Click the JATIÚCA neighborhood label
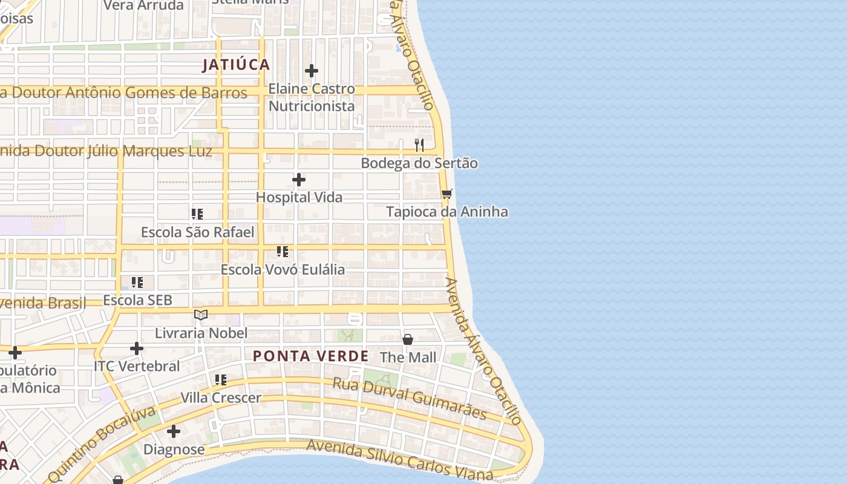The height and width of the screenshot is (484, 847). [x=236, y=65]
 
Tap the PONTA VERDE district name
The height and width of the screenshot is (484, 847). [x=310, y=356]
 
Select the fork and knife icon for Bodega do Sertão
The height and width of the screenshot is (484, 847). [x=419, y=145]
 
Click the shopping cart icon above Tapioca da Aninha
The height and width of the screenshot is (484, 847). [x=446, y=194]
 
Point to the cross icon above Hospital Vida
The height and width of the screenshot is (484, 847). [x=299, y=180]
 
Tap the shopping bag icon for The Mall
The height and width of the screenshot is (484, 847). [x=408, y=339]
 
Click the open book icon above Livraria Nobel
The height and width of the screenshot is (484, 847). [x=201, y=315]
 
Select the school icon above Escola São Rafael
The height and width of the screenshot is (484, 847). [x=197, y=214]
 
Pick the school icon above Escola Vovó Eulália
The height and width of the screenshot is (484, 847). [x=282, y=251]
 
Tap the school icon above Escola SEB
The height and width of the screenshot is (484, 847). [x=137, y=282]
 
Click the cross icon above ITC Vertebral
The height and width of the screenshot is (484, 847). [x=137, y=348]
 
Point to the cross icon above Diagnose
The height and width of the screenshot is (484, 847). [x=174, y=431]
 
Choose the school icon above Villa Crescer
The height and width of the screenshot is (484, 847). [x=221, y=380]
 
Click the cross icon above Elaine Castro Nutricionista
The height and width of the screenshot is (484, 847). [x=312, y=71]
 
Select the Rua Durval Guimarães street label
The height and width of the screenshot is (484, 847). [x=410, y=398]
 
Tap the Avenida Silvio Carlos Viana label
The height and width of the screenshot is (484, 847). [x=399, y=460]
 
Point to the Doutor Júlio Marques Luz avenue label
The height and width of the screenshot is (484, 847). [x=106, y=151]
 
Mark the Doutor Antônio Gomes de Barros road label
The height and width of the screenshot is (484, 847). [x=124, y=93]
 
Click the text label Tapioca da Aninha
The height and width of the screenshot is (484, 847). [x=447, y=212]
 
